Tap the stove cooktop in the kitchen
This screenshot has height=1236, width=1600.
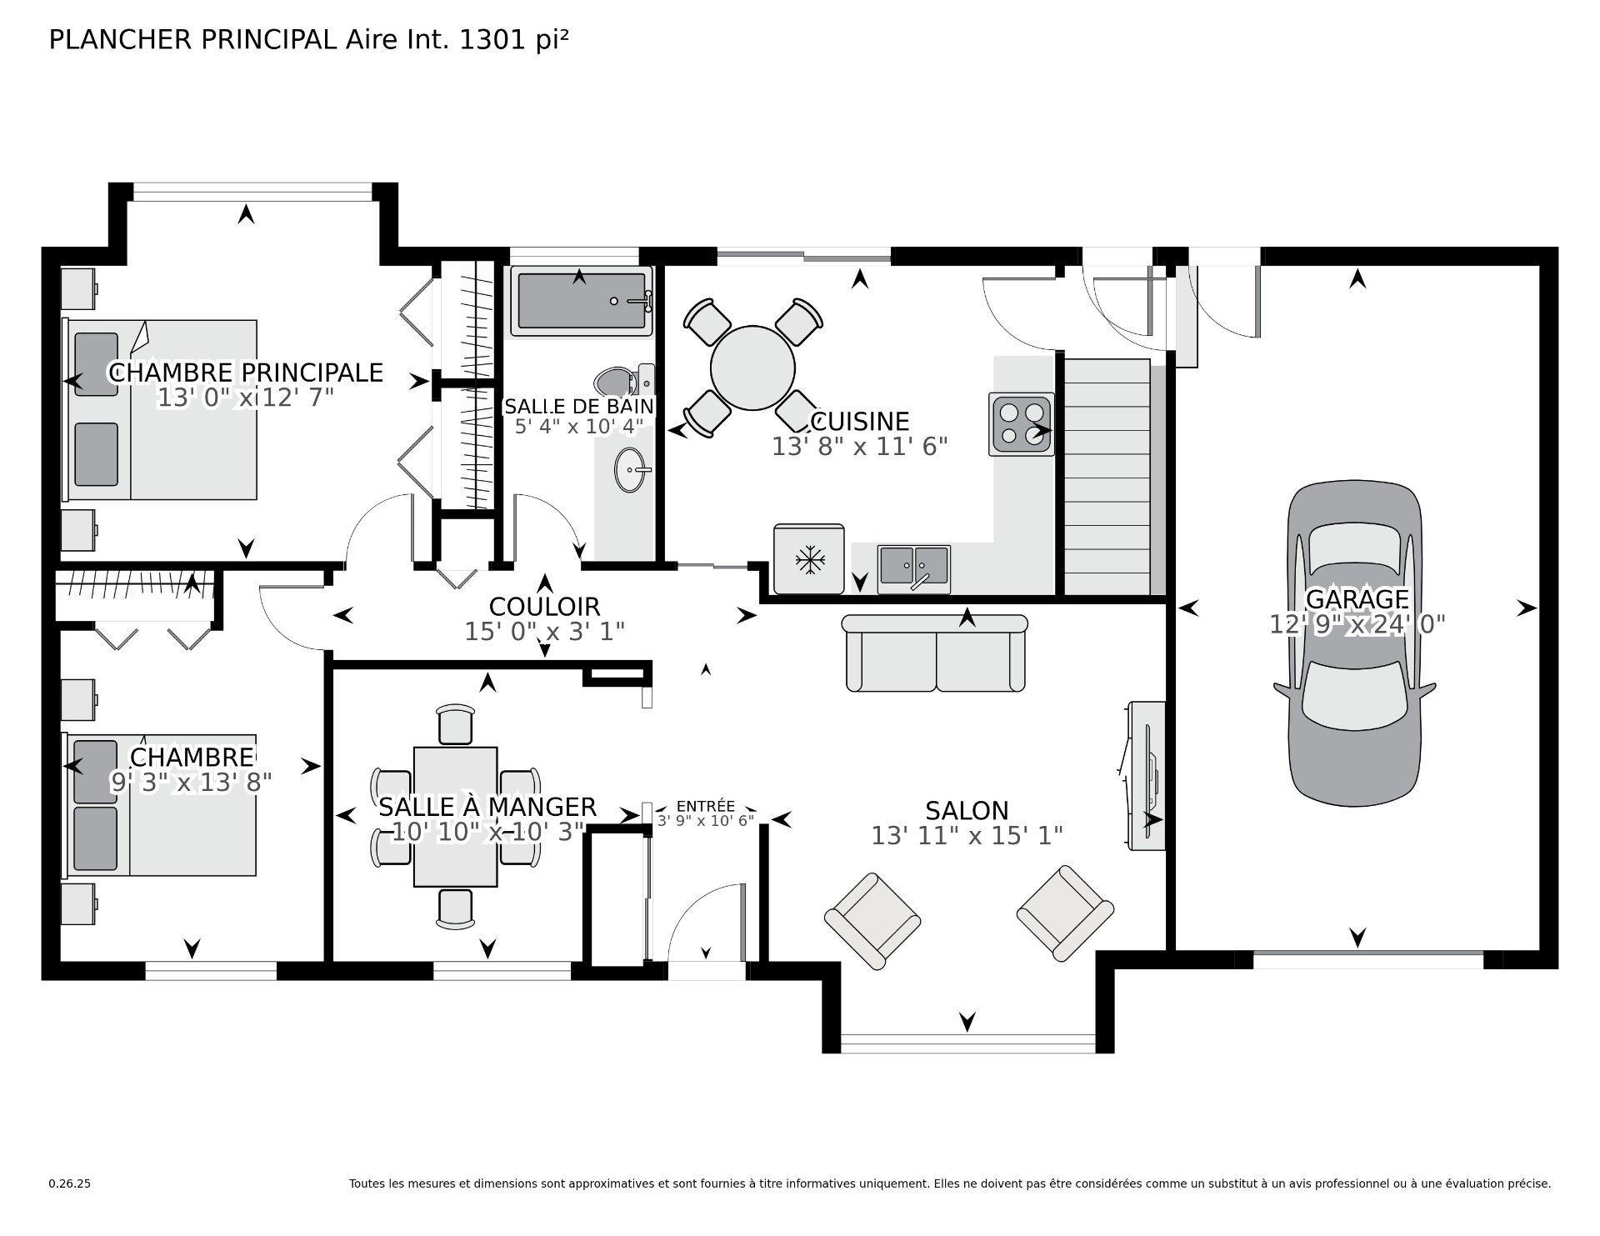click(1022, 423)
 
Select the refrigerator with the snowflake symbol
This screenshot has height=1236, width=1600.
click(808, 558)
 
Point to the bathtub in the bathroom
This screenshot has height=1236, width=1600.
click(581, 301)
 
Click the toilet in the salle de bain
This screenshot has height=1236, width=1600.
click(621, 381)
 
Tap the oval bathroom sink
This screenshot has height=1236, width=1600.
click(630, 470)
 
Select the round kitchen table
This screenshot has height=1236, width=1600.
click(752, 368)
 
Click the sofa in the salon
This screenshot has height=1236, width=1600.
click(935, 654)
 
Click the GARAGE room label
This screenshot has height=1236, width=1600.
click(1357, 598)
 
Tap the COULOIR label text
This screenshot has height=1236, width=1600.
click(544, 606)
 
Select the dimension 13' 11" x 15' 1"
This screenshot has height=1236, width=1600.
click(967, 835)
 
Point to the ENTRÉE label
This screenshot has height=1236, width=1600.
click(705, 806)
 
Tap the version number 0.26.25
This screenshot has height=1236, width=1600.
click(69, 1183)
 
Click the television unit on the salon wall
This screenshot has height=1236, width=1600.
click(1146, 775)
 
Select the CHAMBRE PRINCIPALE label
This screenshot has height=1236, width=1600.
click(246, 372)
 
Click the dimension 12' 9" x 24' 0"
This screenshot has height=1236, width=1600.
click(1357, 623)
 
